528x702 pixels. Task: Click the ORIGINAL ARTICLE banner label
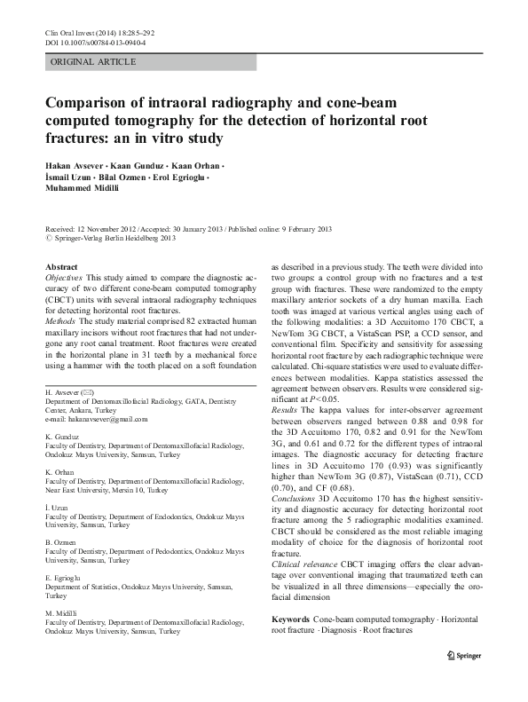pos(93,62)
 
